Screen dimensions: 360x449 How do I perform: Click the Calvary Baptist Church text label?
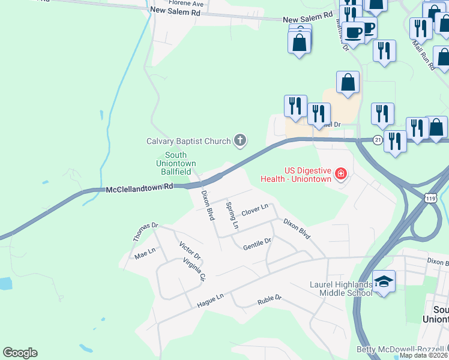188,142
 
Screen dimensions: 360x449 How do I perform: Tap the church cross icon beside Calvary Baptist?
240,141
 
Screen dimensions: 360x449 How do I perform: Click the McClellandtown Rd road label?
139,188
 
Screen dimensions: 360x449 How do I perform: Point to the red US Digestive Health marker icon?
340,174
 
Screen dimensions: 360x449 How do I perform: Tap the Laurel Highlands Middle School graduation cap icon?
384,281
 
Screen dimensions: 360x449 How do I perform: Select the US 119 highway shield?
430,197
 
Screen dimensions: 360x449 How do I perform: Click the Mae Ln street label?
145,254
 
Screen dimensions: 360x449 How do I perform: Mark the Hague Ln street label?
210,301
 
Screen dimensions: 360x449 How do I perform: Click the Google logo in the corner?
20,353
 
